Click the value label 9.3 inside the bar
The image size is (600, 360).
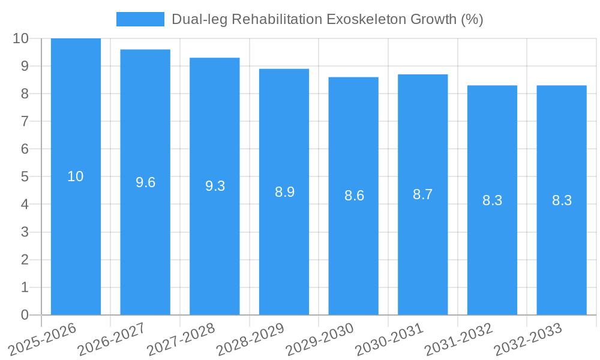point(215,186)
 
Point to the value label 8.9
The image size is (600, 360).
point(284,192)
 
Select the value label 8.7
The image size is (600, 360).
point(423,194)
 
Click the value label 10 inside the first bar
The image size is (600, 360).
point(76,176)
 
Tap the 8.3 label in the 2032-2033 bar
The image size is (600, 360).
point(562,200)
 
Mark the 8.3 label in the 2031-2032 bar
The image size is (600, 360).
point(492,200)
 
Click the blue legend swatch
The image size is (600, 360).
point(140,19)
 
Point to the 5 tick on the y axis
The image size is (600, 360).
point(25,176)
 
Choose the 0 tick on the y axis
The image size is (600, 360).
point(25,315)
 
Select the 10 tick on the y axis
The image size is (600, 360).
point(21,38)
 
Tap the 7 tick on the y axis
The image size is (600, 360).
point(25,121)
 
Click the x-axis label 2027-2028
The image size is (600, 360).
point(181,340)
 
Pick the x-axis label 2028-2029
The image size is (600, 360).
point(250,340)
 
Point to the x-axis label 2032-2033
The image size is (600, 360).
point(527,340)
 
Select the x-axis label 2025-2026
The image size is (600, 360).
point(42,340)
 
